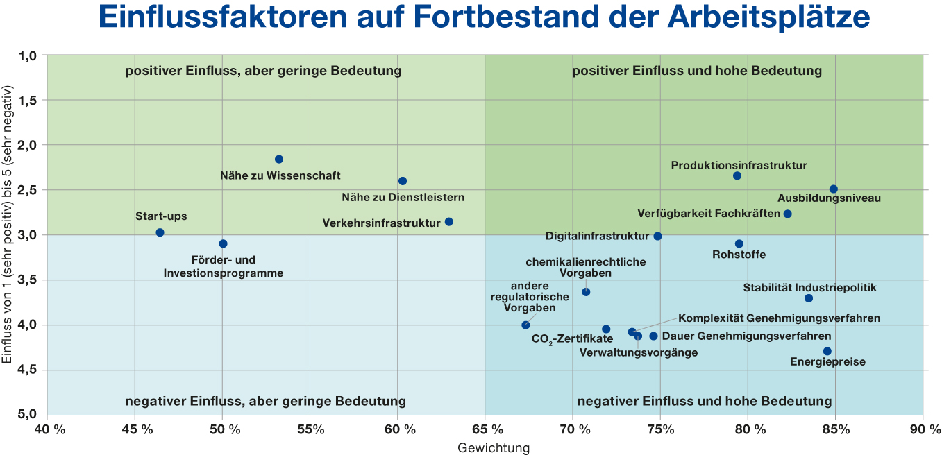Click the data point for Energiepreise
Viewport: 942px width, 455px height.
[827, 351]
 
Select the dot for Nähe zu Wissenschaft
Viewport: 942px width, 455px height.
[279, 160]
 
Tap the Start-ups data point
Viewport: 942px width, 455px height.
[160, 232]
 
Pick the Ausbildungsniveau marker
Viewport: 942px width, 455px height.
[834, 189]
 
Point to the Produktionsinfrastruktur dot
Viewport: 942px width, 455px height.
[737, 175]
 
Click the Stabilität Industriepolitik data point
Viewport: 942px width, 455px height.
[809, 298]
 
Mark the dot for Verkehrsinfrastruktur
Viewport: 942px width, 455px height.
[449, 222]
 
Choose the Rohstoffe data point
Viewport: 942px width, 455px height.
[739, 243]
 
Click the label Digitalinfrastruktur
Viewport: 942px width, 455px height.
[597, 236]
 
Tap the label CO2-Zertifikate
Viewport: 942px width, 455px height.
[572, 339]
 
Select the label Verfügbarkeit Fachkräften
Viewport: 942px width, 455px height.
[709, 214]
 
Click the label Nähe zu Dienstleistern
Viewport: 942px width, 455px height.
[403, 197]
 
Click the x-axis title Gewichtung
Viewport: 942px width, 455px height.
[493, 448]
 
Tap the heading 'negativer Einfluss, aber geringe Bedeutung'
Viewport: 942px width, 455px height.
[265, 401]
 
